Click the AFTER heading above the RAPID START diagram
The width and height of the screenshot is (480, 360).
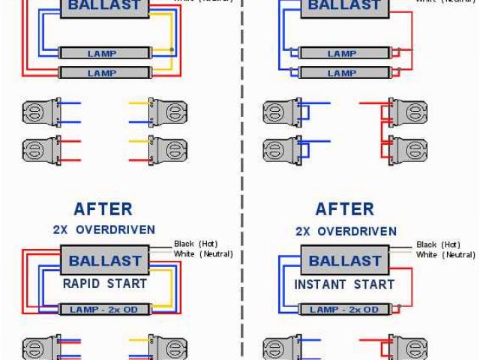[x=103, y=209]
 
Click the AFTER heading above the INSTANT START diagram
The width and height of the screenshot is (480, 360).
[x=344, y=209]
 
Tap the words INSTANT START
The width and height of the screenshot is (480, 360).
[x=344, y=284]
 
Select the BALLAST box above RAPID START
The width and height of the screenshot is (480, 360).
[x=105, y=262]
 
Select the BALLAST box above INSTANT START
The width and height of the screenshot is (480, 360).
[x=345, y=262]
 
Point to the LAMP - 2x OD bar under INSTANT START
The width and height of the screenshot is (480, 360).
[x=344, y=309]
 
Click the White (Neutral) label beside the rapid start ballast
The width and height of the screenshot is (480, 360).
[x=203, y=254]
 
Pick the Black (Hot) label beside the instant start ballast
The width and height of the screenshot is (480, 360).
[x=438, y=244]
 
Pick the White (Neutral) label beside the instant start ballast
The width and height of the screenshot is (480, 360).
[x=445, y=255]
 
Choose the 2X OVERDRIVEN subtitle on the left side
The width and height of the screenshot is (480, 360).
[x=103, y=230]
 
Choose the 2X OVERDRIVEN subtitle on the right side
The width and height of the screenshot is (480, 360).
[x=345, y=230]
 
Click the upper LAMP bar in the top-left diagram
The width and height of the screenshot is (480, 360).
[x=103, y=53]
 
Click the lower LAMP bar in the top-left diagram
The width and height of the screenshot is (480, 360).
[x=103, y=73]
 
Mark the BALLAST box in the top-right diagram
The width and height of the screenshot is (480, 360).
[x=345, y=7]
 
